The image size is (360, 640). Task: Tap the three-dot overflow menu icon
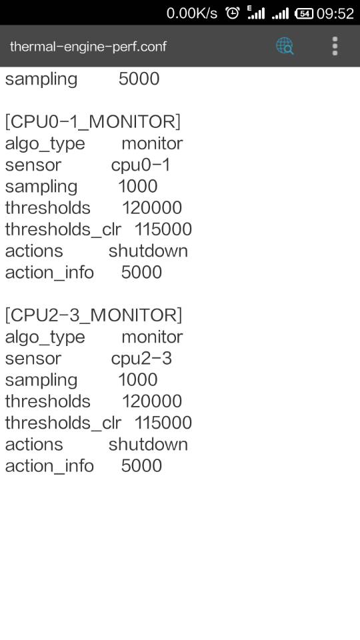(335, 46)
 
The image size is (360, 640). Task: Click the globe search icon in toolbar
(285, 46)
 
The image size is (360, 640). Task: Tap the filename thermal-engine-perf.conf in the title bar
(88, 46)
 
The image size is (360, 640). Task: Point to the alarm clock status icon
(233, 13)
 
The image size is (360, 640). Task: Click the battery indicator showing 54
(304, 13)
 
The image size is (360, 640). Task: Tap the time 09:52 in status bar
(335, 13)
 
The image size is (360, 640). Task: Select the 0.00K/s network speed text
(192, 13)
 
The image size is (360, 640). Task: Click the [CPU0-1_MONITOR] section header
(93, 121)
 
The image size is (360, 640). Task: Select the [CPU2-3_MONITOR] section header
(93, 315)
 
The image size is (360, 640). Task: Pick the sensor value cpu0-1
(141, 165)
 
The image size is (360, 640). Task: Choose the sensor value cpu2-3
(141, 359)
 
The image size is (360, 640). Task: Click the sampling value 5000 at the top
(139, 79)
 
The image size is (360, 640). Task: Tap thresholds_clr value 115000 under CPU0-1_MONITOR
(163, 229)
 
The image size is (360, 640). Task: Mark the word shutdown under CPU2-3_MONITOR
(148, 444)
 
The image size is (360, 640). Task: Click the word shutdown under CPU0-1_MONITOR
(148, 251)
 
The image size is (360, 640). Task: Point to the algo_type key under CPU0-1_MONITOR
(45, 144)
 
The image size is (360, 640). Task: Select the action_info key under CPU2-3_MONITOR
(49, 466)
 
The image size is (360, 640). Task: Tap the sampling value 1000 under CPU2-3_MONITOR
(138, 379)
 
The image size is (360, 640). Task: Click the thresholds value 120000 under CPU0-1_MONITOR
(152, 208)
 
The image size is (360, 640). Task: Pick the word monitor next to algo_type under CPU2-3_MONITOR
(152, 337)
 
